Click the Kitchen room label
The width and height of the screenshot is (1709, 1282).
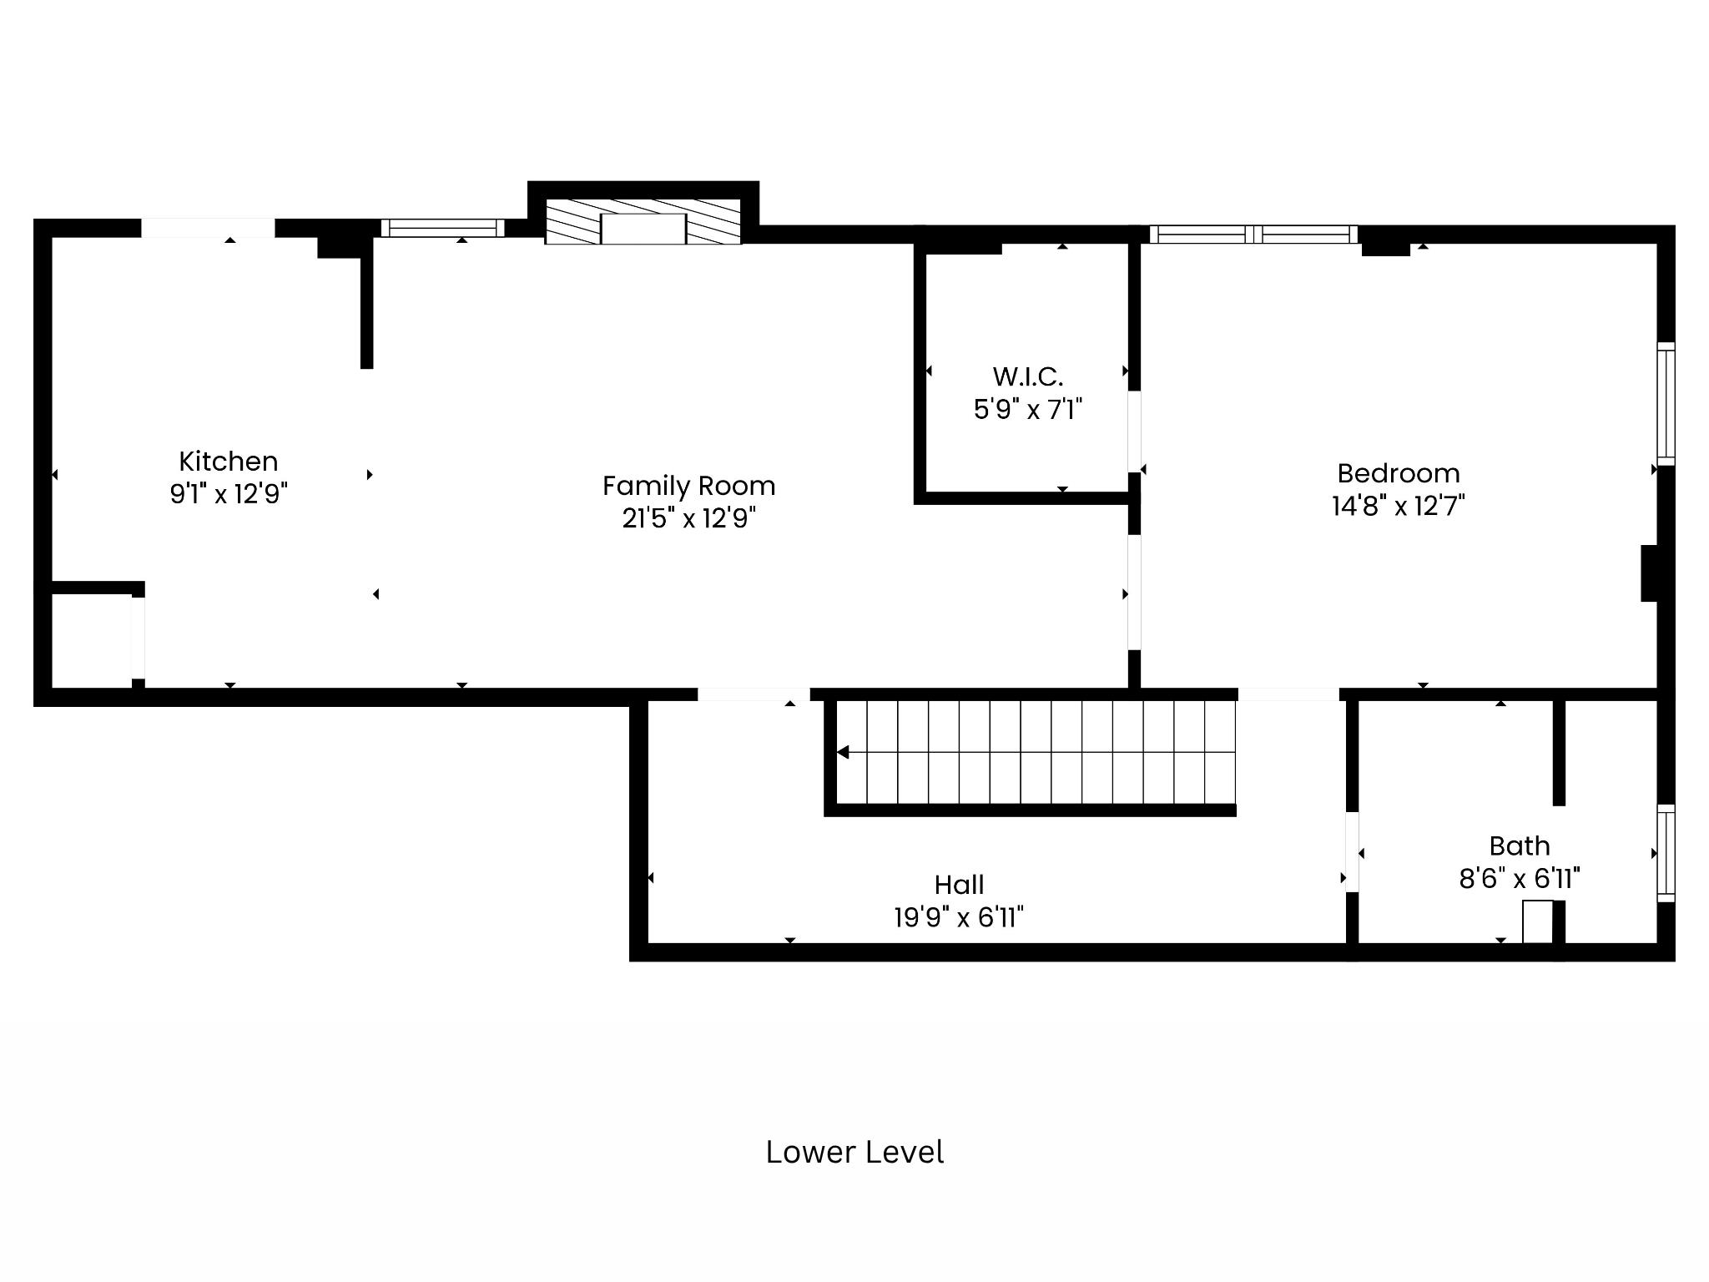coord(228,462)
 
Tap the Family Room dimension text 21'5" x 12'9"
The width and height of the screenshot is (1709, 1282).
coord(689,518)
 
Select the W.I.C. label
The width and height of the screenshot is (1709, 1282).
coord(1028,377)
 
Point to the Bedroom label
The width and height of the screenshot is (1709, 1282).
coord(1399,473)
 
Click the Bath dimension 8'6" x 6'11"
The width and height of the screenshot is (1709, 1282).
coord(1520,879)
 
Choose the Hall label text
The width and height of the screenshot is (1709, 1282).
coord(959,885)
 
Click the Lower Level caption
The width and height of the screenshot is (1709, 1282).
coord(854,1152)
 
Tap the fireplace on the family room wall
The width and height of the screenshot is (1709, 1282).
coord(643,222)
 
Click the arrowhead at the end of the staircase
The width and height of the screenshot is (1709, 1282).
coord(843,753)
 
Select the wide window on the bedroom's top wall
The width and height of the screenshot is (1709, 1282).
coord(1253,235)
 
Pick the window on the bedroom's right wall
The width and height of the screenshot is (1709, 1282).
coord(1666,404)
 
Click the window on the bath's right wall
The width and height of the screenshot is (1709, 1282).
coord(1666,853)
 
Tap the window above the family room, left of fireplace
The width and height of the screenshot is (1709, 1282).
coord(443,228)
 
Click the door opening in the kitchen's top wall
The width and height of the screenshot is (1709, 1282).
coord(208,228)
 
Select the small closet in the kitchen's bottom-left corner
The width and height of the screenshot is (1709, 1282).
coord(92,640)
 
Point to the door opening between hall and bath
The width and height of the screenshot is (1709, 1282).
coord(1352,852)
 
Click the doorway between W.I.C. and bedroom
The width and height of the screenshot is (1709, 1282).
coord(1134,432)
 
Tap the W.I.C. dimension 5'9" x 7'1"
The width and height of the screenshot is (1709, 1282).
coord(1028,410)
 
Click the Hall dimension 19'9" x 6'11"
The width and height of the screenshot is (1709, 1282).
coord(959,918)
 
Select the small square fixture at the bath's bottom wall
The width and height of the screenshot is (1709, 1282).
coord(1538,922)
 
